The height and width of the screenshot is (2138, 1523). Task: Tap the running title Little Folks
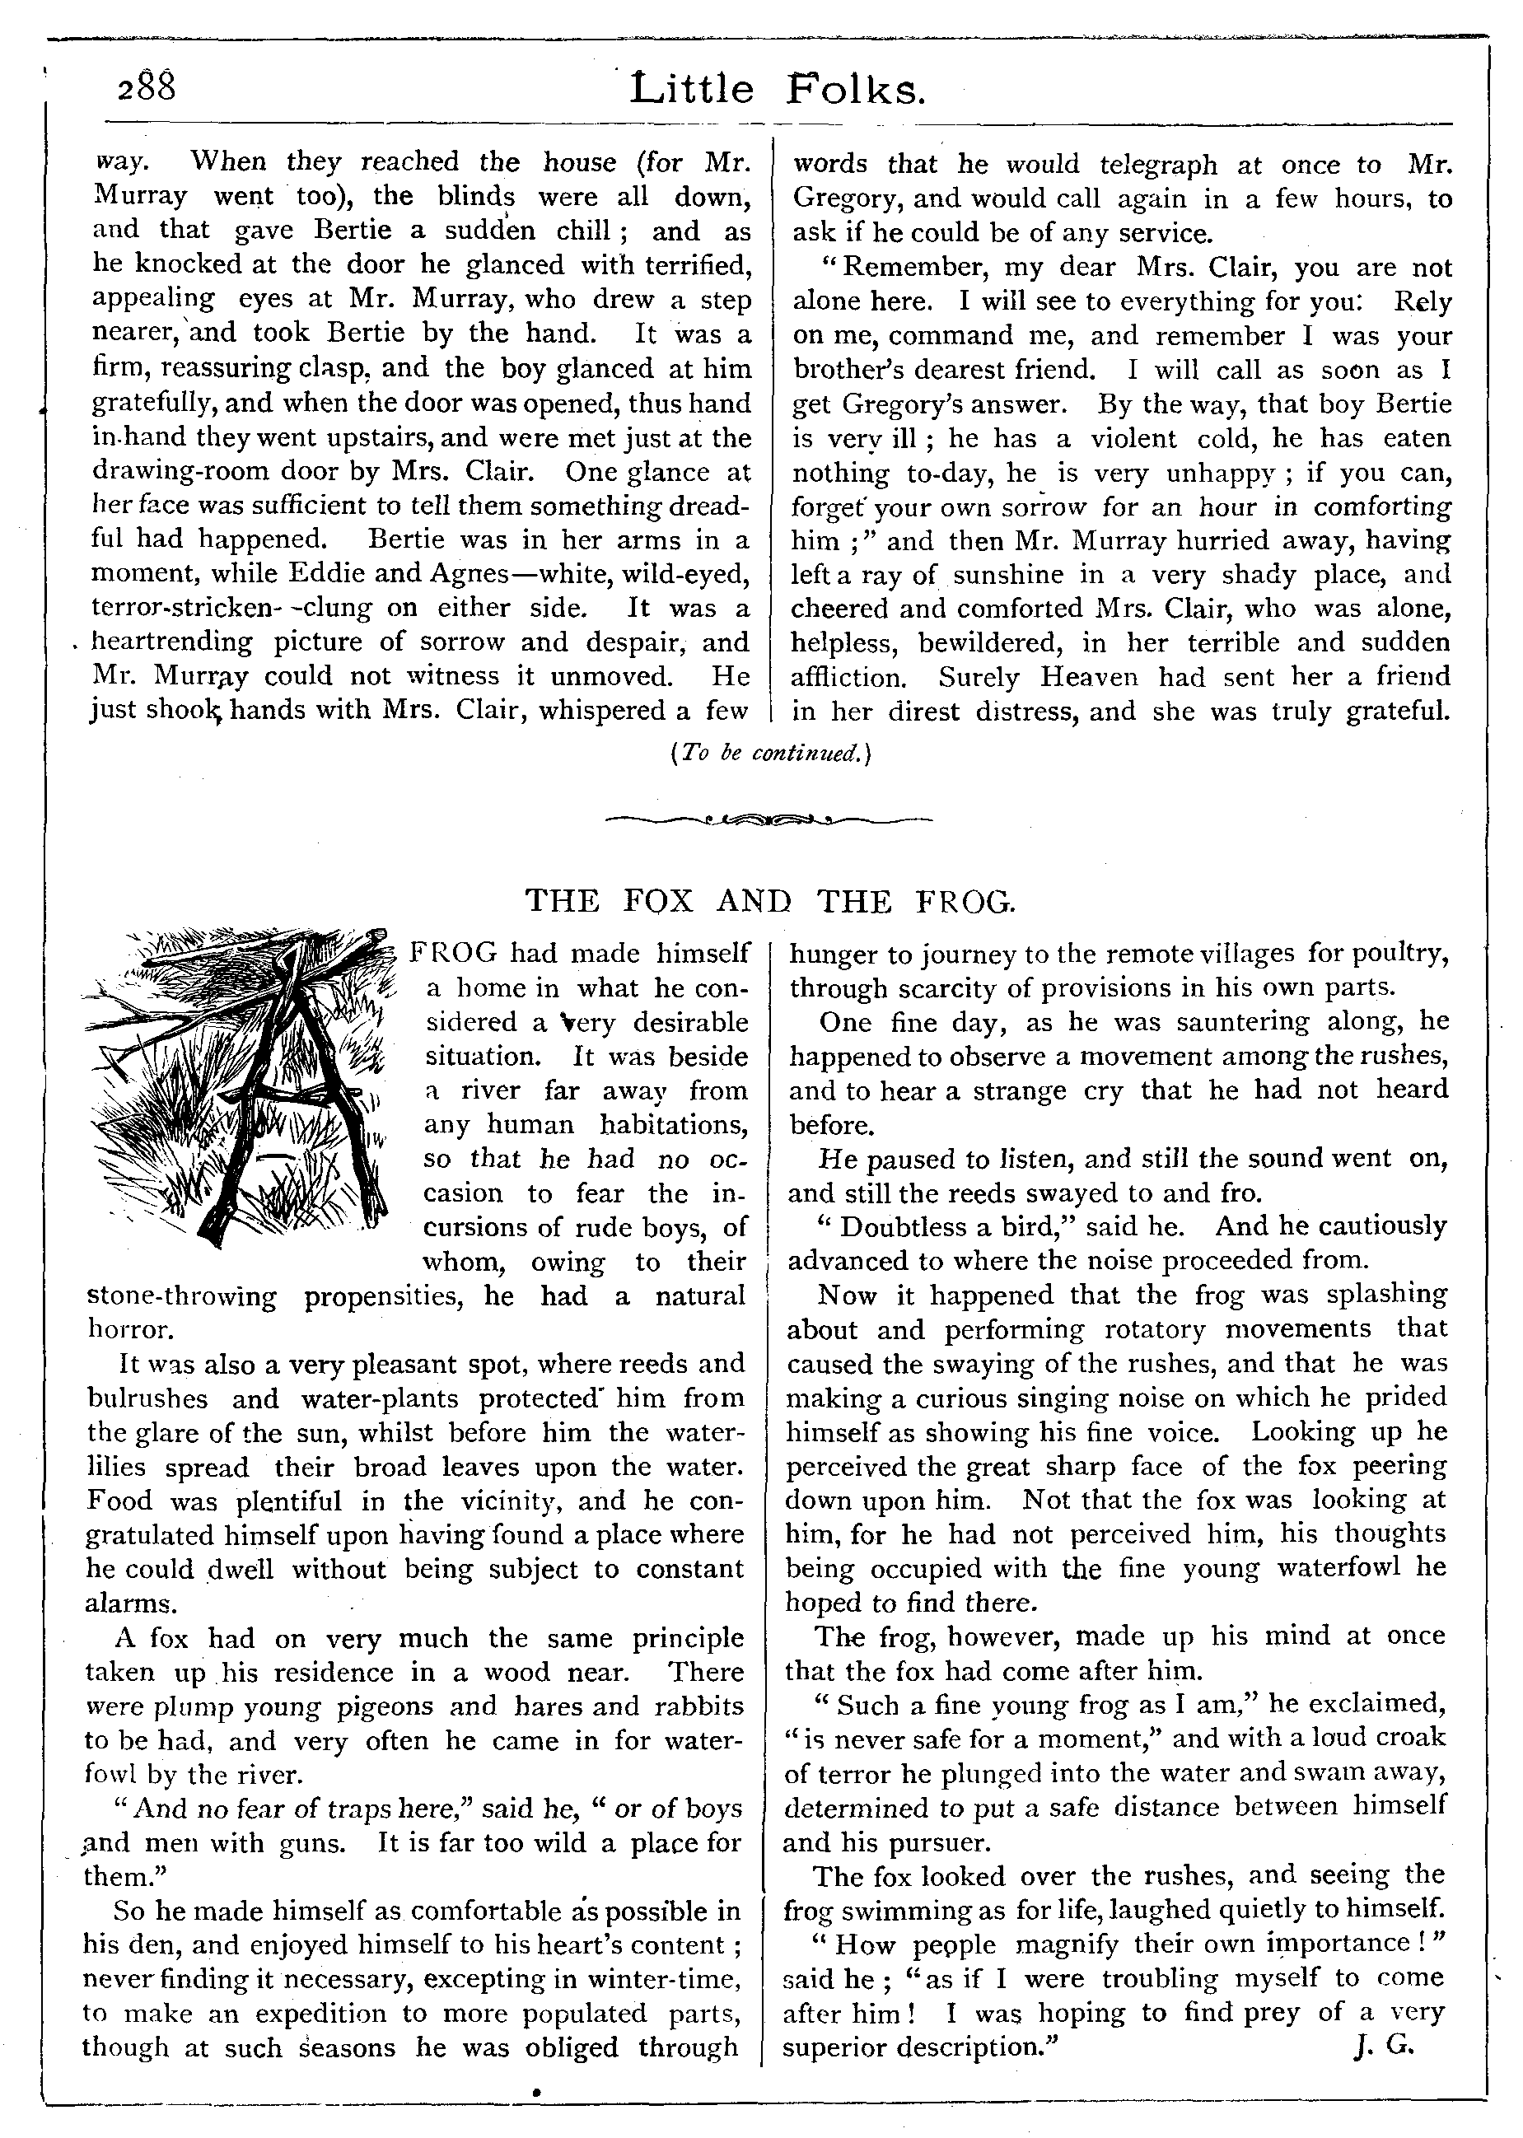[778, 90]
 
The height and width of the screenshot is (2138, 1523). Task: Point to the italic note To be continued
[772, 753]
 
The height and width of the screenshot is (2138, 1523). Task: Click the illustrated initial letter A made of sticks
[244, 1078]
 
